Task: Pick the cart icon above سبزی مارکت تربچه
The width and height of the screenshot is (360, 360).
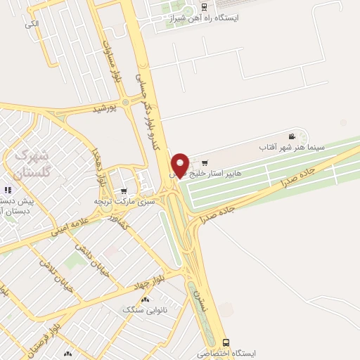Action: coord(124,191)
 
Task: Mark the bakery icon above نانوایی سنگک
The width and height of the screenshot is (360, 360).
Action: coord(146,299)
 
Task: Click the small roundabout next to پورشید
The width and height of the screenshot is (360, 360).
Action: coord(126,103)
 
